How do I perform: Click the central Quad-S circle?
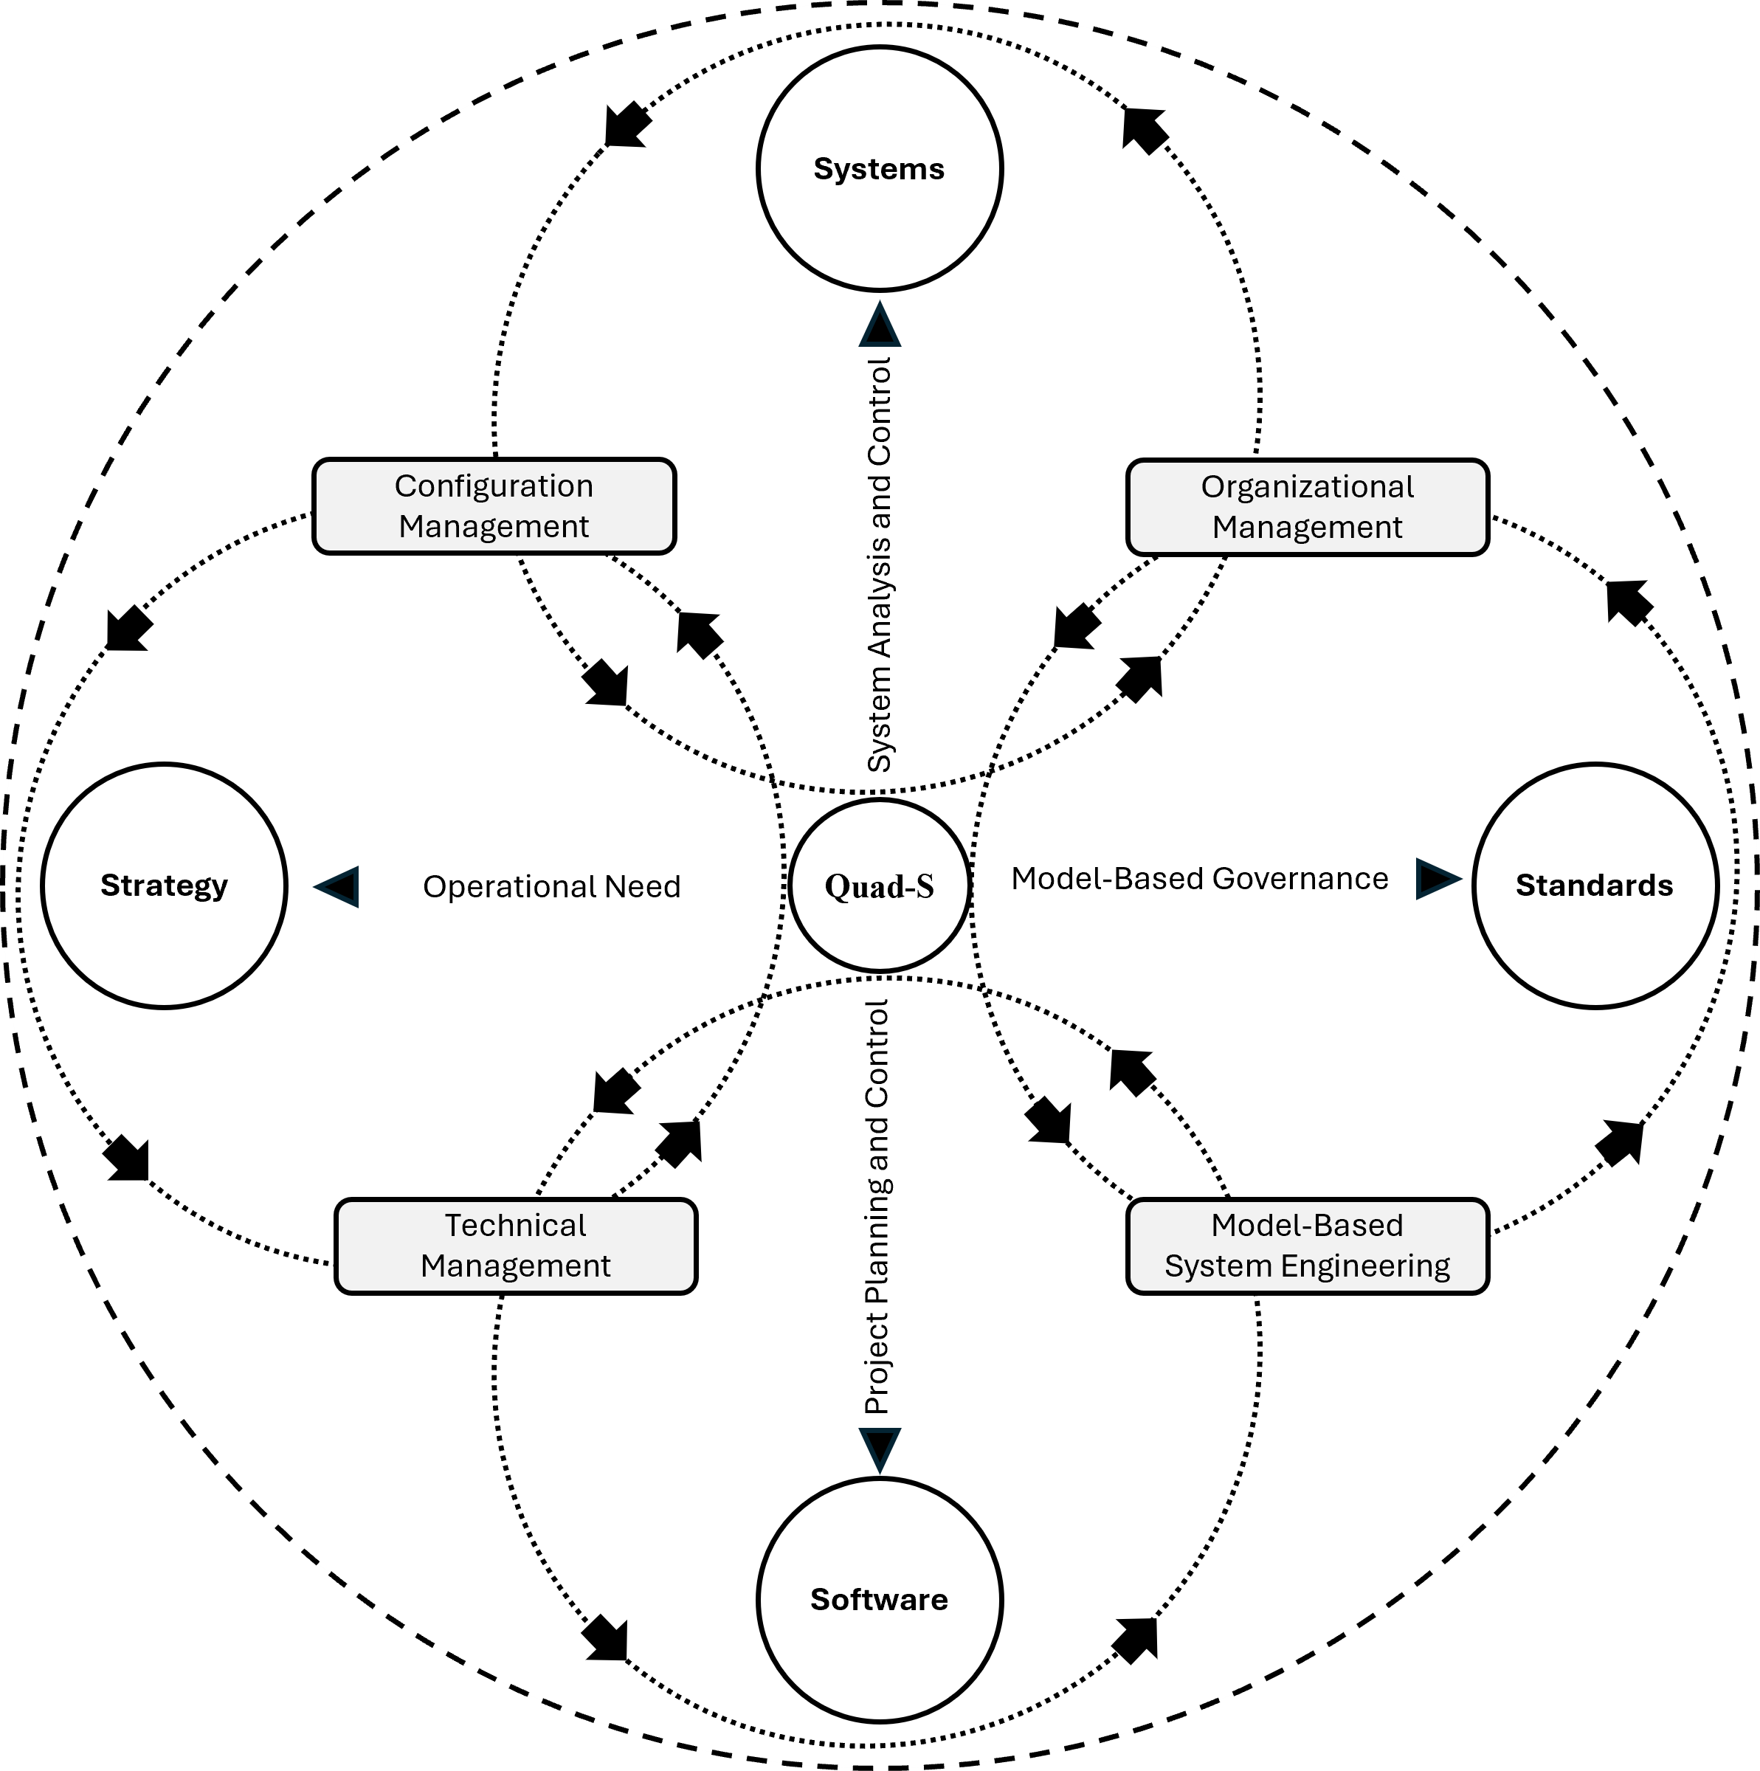coord(879,885)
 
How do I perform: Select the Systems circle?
coord(879,169)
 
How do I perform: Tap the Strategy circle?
coord(164,885)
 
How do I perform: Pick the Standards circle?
coord(1594,885)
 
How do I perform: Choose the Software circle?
coord(879,1600)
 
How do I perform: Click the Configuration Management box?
coord(494,506)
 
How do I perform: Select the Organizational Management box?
coord(1307,507)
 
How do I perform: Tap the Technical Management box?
coord(516,1246)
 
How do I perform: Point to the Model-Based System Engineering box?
coord(1307,1246)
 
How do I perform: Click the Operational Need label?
coord(552,887)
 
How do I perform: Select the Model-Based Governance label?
coord(1199,879)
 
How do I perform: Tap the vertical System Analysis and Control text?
coord(879,564)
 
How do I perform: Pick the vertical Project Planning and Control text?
coord(877,1207)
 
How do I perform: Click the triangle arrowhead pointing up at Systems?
coord(879,325)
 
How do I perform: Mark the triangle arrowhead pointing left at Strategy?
coord(338,886)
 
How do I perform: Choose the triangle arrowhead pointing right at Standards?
coord(1437,879)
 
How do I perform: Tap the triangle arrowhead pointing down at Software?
coord(879,1449)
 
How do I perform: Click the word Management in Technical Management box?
coord(516,1266)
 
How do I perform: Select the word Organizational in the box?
coord(1307,487)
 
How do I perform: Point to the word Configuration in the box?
coord(494,486)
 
